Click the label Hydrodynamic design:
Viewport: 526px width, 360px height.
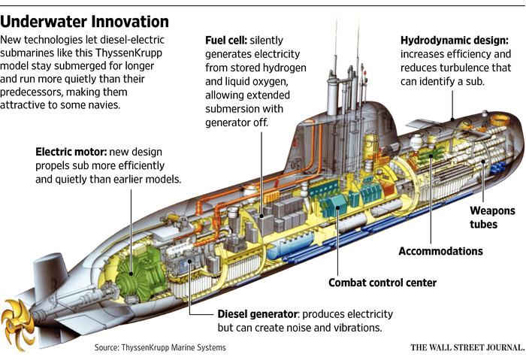(x=455, y=39)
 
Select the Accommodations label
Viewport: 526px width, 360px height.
(x=440, y=251)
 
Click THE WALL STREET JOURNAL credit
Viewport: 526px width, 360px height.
(x=466, y=348)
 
